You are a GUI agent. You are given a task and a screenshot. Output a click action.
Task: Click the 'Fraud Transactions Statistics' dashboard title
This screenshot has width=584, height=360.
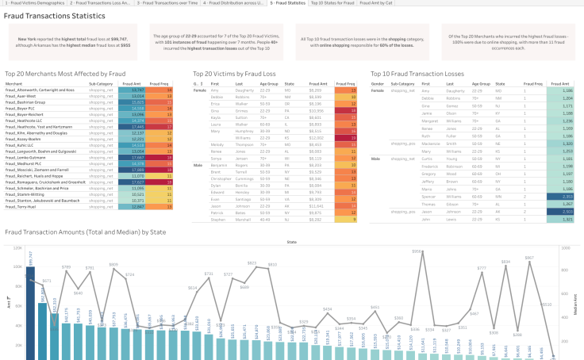(55, 16)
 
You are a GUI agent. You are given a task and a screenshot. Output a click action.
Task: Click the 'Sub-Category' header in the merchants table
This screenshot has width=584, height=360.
(101, 83)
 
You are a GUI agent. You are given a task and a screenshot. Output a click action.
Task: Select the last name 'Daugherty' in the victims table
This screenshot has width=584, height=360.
(244, 90)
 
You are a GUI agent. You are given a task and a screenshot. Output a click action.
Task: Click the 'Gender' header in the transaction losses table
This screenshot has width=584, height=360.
(378, 83)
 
